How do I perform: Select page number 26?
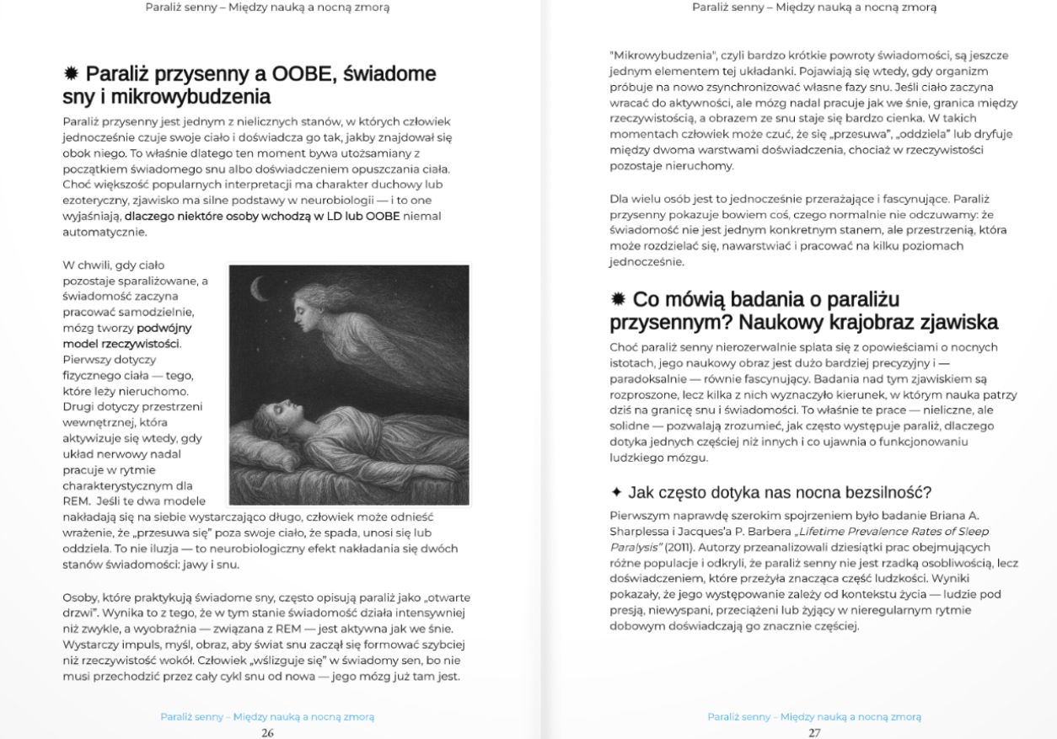coord(267,732)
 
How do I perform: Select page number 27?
coord(814,732)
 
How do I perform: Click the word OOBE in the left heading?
coord(299,74)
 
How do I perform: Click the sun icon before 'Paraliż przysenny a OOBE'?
coord(72,74)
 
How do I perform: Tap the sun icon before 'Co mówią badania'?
coord(618,300)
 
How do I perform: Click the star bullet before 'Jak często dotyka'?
coord(616,492)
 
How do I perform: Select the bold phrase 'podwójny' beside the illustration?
coord(164,327)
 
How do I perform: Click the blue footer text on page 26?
coord(267,716)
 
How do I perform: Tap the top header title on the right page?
coord(814,8)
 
